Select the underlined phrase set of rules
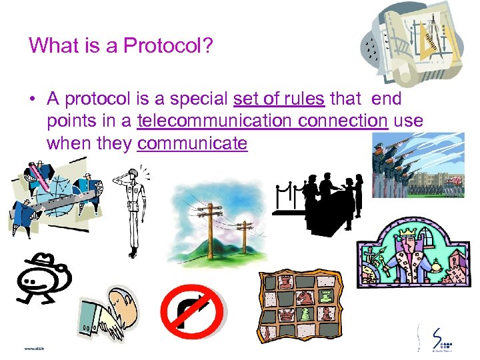[x=279, y=99]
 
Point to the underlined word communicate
[x=192, y=143]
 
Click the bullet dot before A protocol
[x=33, y=100]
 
